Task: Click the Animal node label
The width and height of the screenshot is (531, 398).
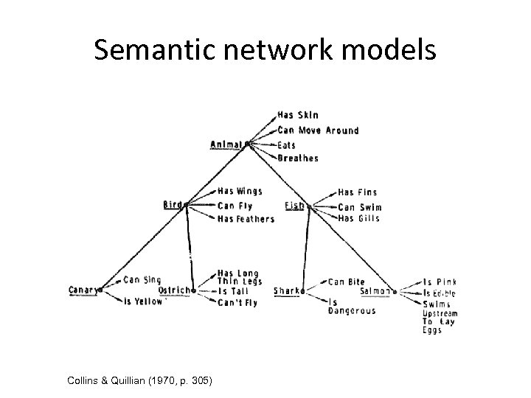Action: click(226, 144)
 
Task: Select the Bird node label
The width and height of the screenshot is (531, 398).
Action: click(173, 205)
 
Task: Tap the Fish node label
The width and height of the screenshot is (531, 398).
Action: click(294, 205)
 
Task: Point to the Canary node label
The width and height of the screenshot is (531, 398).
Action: click(84, 290)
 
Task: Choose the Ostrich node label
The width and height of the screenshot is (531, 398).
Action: click(175, 290)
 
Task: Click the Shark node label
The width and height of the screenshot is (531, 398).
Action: click(288, 291)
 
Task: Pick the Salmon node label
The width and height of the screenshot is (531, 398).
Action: click(376, 291)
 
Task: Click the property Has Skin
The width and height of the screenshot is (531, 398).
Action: click(298, 115)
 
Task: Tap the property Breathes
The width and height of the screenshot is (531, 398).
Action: click(298, 158)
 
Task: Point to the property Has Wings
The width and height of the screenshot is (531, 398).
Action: click(240, 191)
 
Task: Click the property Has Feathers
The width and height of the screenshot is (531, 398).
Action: click(246, 219)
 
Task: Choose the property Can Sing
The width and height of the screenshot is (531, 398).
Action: click(142, 279)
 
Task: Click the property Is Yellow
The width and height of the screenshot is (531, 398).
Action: click(142, 301)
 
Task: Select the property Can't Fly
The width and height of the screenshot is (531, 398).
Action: click(237, 302)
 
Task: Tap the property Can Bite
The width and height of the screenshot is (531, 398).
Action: click(346, 282)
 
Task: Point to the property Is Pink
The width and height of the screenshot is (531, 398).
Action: click(440, 282)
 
